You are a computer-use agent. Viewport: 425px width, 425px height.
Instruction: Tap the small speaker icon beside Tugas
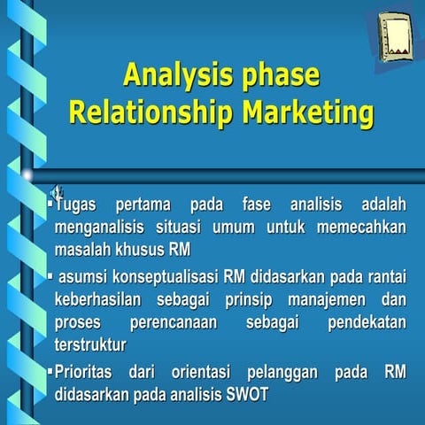coord(55,189)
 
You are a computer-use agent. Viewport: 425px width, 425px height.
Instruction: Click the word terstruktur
coord(89,344)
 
